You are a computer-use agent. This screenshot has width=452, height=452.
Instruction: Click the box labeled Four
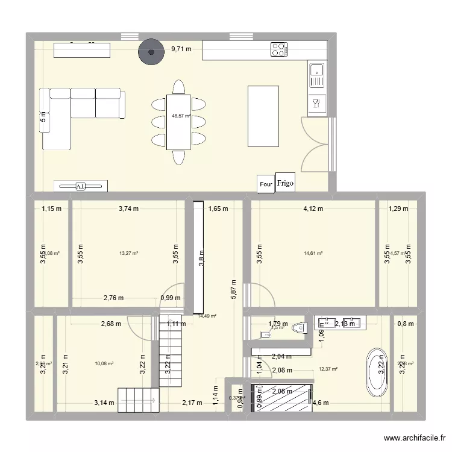(x=266, y=184)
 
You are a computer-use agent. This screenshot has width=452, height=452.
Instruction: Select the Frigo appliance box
(x=286, y=184)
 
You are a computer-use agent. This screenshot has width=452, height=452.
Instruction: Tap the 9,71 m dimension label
(x=181, y=50)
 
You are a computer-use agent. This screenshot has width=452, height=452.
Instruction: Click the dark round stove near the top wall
(x=151, y=52)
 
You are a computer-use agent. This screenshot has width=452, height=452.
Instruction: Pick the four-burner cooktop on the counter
(x=278, y=49)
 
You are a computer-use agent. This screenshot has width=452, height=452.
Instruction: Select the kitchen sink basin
(x=316, y=77)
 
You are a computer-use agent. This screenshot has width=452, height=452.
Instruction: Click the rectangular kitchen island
(x=263, y=116)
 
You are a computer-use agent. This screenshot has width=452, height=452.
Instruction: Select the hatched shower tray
(x=281, y=398)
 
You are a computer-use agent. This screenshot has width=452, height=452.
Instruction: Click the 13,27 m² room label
(x=128, y=254)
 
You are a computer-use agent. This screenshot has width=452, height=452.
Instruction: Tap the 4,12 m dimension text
(x=313, y=210)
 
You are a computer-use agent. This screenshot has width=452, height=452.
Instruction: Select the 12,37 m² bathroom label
(x=328, y=369)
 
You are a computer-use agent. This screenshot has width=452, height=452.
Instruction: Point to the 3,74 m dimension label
(x=128, y=210)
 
